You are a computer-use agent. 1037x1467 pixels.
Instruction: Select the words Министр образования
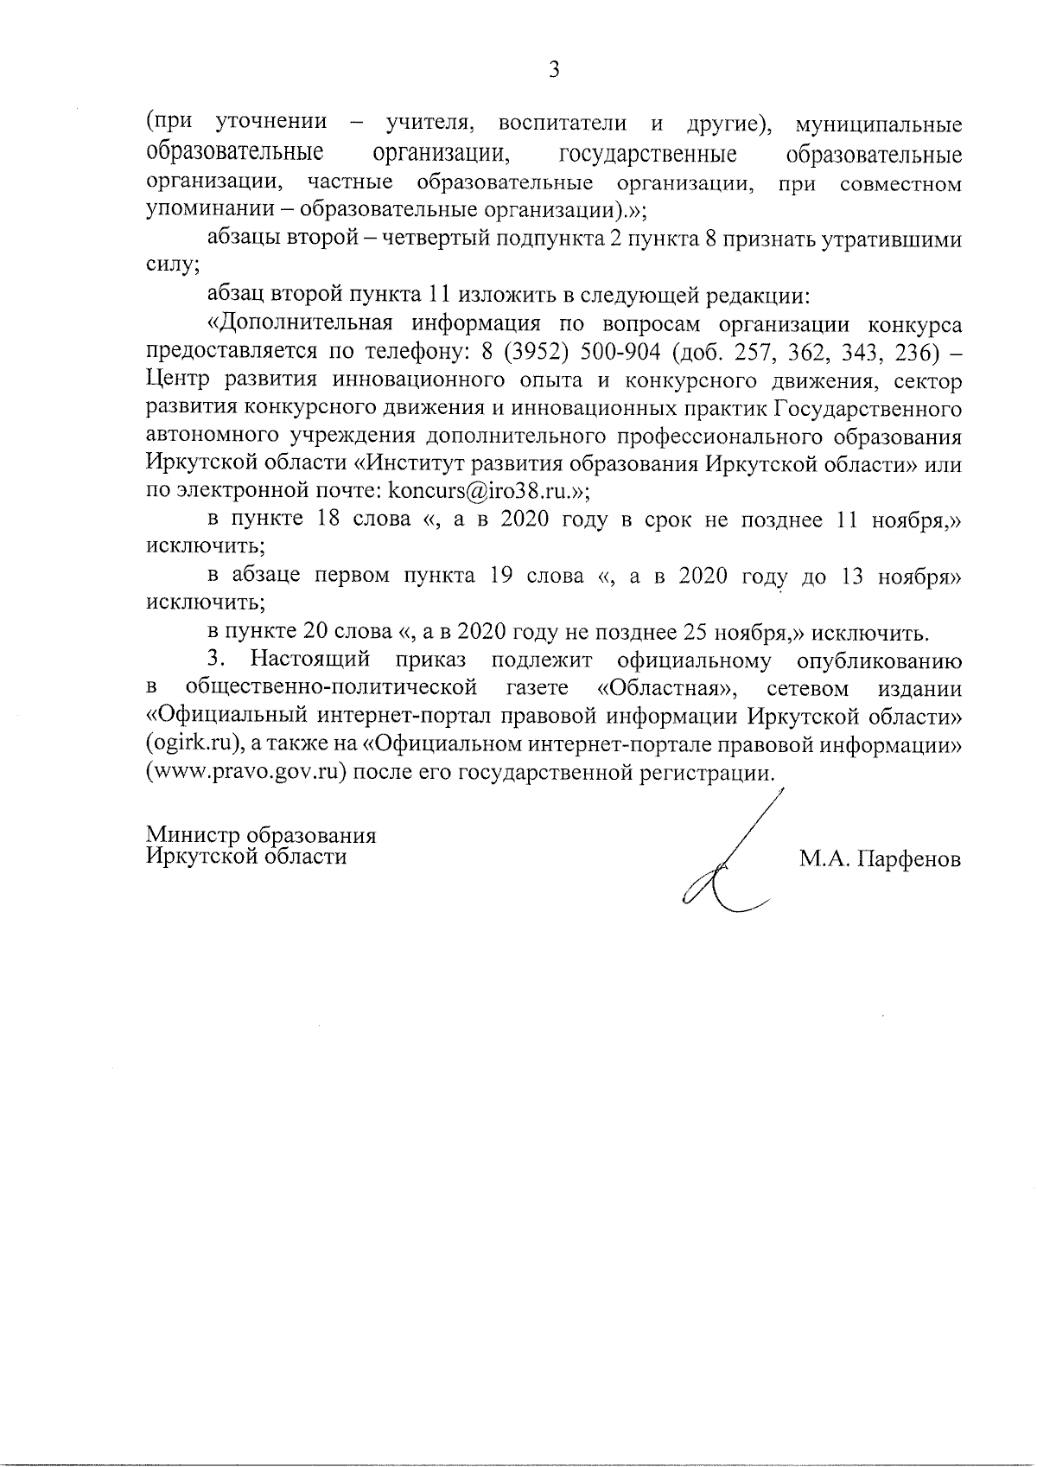[261, 836]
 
